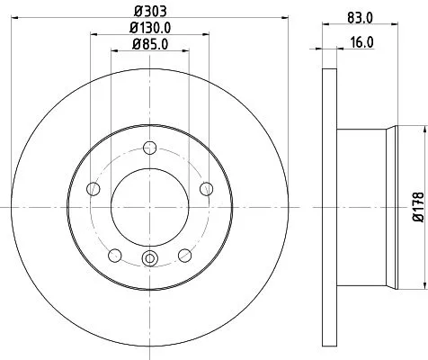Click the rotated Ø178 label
(x=417, y=205)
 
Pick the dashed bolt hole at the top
(x=150, y=149)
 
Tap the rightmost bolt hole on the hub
(x=207, y=188)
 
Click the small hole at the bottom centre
(x=150, y=261)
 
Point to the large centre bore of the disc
(x=150, y=206)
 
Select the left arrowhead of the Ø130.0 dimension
(x=93, y=34)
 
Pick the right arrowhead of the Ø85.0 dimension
(x=188, y=50)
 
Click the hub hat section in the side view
(x=369, y=206)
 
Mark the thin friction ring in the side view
(x=328, y=206)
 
